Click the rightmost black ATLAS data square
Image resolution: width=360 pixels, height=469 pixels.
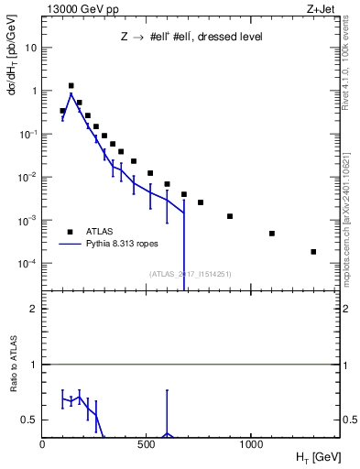click(x=313, y=252)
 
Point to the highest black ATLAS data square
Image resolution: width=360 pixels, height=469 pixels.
click(x=71, y=86)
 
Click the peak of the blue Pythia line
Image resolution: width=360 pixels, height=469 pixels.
click(x=71, y=93)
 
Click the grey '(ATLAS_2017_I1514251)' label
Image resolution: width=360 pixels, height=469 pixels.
click(x=191, y=273)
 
